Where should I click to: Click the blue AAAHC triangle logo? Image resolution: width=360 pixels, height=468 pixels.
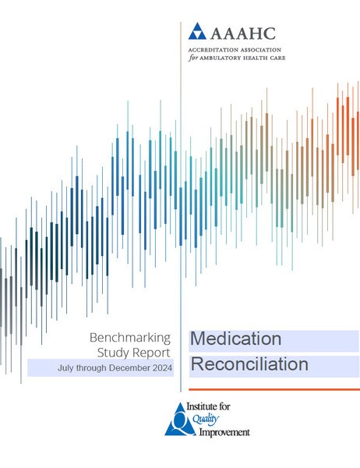pos(197,31)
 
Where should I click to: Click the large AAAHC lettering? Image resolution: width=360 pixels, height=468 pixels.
pos(243,34)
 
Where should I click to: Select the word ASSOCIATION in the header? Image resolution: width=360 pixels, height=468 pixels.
pos(259,50)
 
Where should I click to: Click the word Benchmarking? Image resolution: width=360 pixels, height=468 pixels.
pos(130,339)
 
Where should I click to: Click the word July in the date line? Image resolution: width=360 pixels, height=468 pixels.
pos(65,368)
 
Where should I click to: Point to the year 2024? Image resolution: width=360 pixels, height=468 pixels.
pos(162,367)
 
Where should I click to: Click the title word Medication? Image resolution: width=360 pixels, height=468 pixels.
pos(235,339)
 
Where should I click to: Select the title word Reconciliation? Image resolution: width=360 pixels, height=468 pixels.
pos(249,364)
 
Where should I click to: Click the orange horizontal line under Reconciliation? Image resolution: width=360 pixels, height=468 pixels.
pos(274,389)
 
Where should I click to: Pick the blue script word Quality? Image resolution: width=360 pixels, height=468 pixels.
pos(206,419)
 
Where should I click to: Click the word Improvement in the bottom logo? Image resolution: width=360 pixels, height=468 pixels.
pos(224,432)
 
